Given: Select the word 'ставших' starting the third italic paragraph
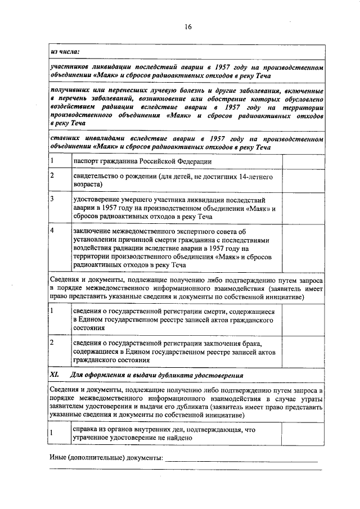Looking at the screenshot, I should pyautogui.click(x=65, y=138).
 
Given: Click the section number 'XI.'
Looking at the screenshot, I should pyautogui.click(x=55, y=375).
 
